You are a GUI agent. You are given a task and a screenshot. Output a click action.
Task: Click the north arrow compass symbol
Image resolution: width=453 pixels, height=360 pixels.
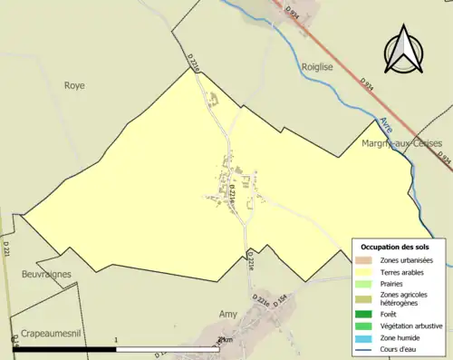(x=405, y=51)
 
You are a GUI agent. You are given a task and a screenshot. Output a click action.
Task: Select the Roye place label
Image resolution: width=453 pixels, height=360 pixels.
(x=73, y=85)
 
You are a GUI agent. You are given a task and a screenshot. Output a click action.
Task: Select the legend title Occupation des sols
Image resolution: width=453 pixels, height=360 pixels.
(x=395, y=247)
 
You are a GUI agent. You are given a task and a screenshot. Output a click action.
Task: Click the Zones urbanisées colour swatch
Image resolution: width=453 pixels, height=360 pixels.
(x=365, y=260)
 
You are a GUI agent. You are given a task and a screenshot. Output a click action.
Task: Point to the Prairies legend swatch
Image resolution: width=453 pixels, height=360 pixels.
(x=365, y=283)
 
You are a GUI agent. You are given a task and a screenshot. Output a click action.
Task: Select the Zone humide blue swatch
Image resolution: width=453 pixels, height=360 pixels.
(x=365, y=337)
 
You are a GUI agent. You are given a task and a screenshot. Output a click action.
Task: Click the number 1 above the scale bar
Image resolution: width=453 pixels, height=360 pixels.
(x=117, y=340)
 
